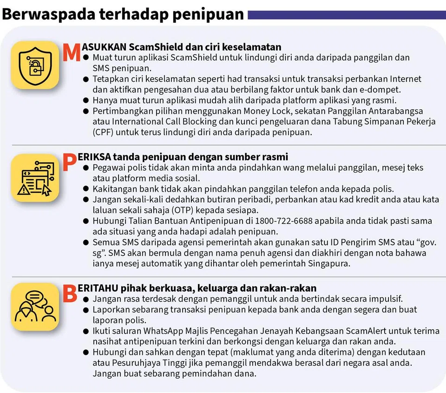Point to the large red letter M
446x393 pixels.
[x=72, y=52]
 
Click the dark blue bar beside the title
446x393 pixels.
[x=346, y=15]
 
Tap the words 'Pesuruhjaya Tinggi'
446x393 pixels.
[x=140, y=363]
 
